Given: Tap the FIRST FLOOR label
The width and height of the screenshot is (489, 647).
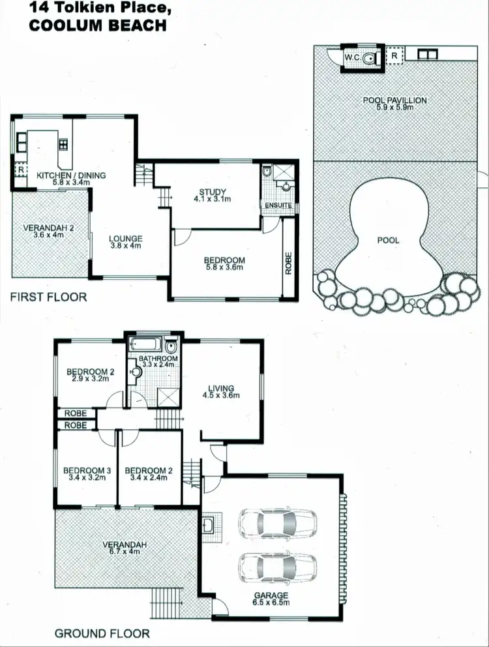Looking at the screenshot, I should [48, 297].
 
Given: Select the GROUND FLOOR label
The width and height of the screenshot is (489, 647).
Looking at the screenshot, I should [102, 633].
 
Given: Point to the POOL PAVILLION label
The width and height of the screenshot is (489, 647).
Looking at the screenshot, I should [395, 100].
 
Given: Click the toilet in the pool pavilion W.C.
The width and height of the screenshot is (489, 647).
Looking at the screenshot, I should [370, 58].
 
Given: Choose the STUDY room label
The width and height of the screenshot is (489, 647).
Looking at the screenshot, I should [212, 192].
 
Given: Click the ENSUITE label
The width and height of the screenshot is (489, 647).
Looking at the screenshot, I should [278, 205].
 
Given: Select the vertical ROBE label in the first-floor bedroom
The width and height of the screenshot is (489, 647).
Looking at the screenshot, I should [288, 262].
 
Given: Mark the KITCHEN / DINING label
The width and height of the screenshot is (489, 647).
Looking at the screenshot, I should [71, 175].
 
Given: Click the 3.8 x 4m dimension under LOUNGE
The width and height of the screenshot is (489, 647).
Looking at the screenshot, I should [125, 246].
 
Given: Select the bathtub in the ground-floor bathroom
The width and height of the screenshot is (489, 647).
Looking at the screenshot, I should [147, 345].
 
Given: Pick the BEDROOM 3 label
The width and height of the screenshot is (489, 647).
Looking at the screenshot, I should [84, 470].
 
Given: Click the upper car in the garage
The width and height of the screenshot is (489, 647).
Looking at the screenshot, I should [277, 522].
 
